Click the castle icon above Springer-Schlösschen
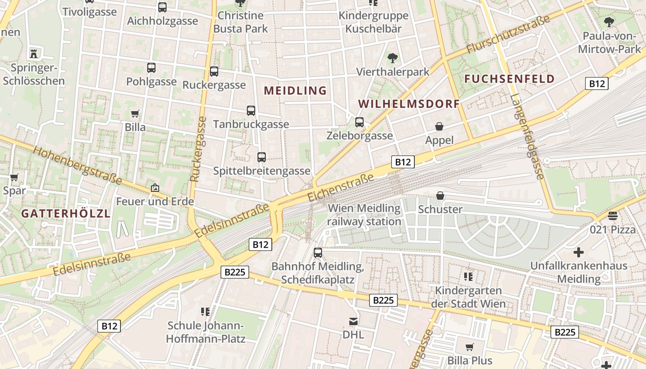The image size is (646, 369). click(33, 53)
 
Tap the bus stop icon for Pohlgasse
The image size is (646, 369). click(151, 68)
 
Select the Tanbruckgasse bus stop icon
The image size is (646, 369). click(251, 111)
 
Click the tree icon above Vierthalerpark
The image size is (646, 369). click(393, 58)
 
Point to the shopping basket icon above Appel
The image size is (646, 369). click(439, 126)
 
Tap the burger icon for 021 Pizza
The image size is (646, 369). click(613, 215)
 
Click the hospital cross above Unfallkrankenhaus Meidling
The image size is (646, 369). click(578, 252)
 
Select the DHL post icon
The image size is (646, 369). click(353, 321)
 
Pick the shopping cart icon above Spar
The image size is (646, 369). click(14, 177)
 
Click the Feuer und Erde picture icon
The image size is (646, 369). click(155, 188)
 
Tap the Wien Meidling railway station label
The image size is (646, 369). click(364, 215)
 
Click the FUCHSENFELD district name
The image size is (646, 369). click(509, 79)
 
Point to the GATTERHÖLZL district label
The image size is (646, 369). click(66, 214)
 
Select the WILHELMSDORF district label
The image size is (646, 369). click(409, 104)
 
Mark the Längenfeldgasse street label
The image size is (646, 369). click(527, 137)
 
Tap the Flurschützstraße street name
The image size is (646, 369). click(508, 34)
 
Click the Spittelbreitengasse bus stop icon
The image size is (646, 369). click(262, 157)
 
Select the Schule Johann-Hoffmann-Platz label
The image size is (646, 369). click(205, 332)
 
